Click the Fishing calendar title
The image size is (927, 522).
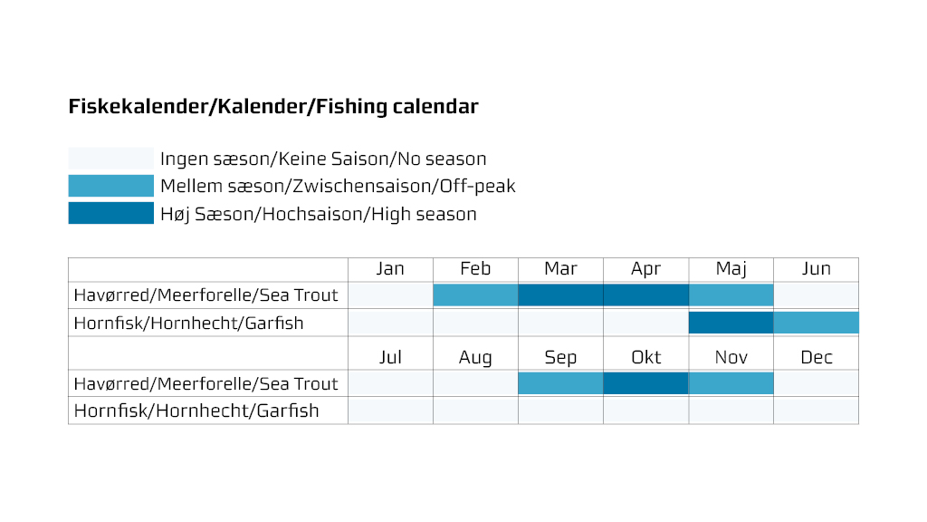coord(273,107)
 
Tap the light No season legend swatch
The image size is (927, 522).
coord(110,158)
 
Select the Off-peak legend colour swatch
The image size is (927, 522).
coord(110,186)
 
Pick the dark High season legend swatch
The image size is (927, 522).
coord(110,213)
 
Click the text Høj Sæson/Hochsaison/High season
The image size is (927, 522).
coord(318,214)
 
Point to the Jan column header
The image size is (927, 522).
coord(390,268)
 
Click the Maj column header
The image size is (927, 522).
coord(731,269)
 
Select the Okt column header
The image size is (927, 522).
coord(645,357)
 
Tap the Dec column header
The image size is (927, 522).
coord(816,357)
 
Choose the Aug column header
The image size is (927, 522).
coord(475,358)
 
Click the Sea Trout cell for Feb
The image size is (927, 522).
coord(475,295)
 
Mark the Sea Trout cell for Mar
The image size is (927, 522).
coord(560,295)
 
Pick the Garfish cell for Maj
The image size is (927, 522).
coord(731,323)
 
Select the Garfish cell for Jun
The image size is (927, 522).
coord(816,323)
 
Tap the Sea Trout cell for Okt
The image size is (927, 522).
coord(645,383)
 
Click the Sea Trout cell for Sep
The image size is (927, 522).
coord(560,383)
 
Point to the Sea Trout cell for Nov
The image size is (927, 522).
coord(731,383)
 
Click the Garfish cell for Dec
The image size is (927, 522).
coord(816,411)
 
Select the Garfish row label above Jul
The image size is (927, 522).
coord(188,324)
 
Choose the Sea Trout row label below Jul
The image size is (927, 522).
coord(205,383)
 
